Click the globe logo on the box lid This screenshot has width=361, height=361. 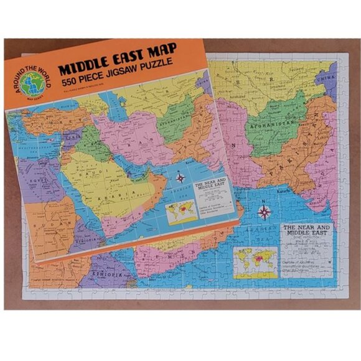pos(32,82)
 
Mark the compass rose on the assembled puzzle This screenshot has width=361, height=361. pos(264,213)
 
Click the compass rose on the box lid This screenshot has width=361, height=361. pos(181,178)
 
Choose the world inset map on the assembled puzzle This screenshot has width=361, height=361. pos(255,261)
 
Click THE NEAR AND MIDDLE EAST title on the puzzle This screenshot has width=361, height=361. pos(308,232)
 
